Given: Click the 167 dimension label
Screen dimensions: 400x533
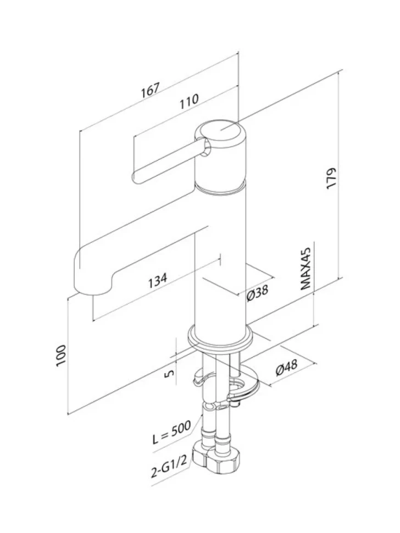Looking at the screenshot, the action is point(150,90).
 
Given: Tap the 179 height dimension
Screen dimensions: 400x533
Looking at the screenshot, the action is point(331,178).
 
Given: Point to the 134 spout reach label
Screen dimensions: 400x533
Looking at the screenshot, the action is point(157,280).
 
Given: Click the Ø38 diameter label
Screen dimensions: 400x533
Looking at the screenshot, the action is point(258,292).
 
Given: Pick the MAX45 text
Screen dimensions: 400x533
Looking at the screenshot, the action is point(306,269).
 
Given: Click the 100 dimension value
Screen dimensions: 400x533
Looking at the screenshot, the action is point(61,356).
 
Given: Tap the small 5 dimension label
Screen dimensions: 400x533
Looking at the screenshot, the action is point(170,373).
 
